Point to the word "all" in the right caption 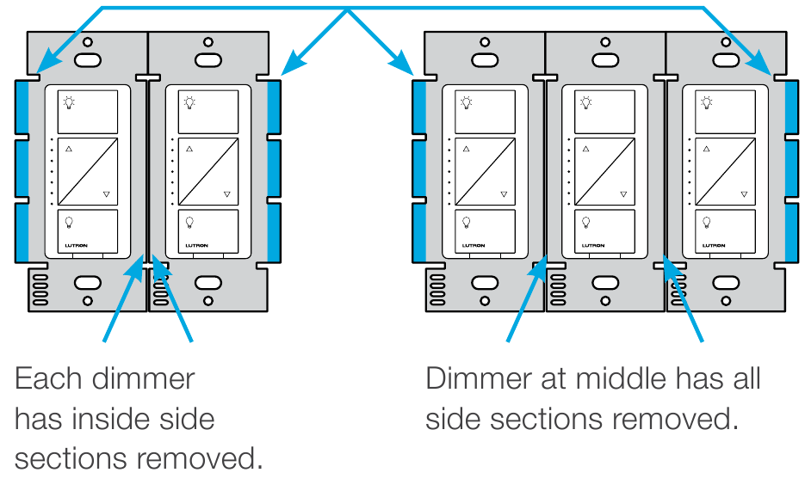[740, 378]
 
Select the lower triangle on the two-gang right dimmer [226, 194]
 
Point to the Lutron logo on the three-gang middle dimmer [591, 246]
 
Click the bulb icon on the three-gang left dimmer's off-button [467, 222]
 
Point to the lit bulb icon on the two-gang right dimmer [189, 102]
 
